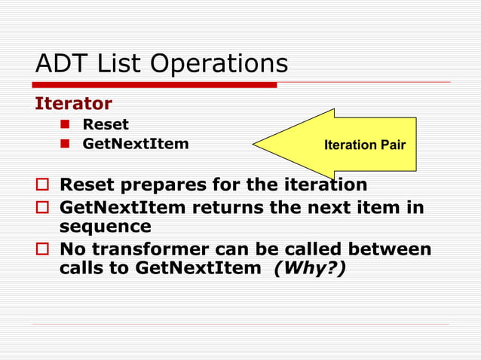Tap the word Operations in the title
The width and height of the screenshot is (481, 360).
(x=219, y=65)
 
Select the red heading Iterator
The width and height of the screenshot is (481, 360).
(x=73, y=103)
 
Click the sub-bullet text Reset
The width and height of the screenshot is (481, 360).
(x=106, y=124)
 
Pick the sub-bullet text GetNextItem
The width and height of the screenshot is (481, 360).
(x=136, y=143)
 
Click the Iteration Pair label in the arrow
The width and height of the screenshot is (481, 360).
(x=365, y=144)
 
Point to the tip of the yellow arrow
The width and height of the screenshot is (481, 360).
(x=255, y=144)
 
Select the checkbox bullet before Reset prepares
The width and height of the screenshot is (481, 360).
(x=42, y=185)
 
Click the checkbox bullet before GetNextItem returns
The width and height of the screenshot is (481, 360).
(x=42, y=207)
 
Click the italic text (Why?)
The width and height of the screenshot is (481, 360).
(x=311, y=269)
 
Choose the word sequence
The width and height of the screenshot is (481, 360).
(x=106, y=227)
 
